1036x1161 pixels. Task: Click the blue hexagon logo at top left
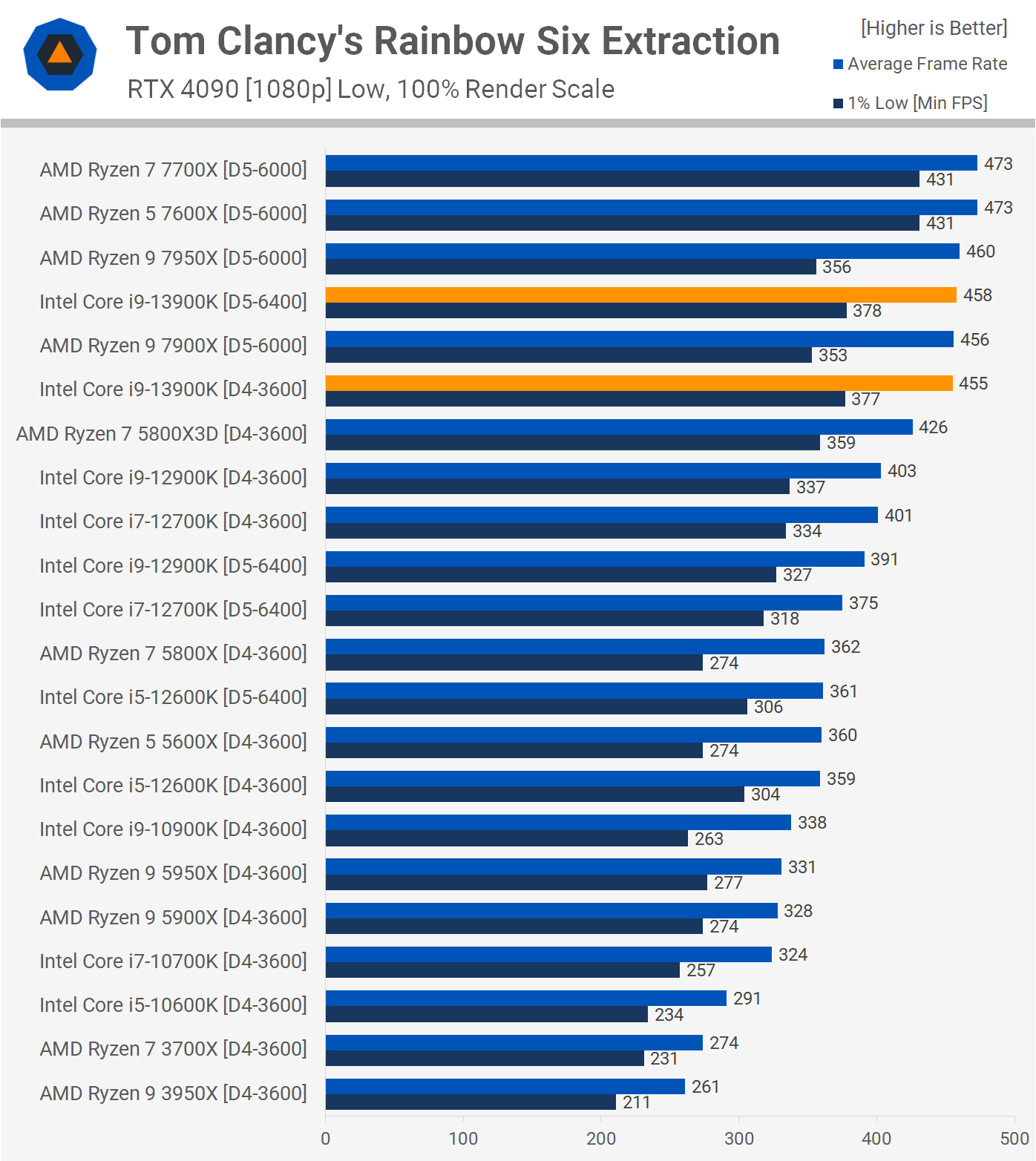click(x=60, y=54)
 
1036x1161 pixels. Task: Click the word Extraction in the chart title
click(x=690, y=42)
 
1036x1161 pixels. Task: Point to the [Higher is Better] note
click(x=934, y=28)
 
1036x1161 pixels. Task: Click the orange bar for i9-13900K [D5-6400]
click(x=640, y=295)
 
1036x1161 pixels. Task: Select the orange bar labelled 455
click(x=639, y=384)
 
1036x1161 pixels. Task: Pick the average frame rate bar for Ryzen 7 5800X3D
click(x=619, y=427)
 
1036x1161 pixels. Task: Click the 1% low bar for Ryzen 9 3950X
click(x=471, y=1102)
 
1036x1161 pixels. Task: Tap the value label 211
click(x=637, y=1102)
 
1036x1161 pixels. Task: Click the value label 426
click(x=933, y=427)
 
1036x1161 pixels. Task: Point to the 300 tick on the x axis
click(x=739, y=1139)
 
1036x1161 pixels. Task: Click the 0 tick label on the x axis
click(x=326, y=1139)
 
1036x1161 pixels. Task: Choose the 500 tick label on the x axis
click(x=1014, y=1139)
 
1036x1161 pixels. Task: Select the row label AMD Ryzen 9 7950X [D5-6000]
click(x=173, y=258)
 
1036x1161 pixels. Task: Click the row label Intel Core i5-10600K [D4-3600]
click(x=173, y=1005)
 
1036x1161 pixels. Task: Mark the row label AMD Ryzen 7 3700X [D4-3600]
click(x=173, y=1049)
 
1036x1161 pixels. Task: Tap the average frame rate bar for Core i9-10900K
click(x=558, y=823)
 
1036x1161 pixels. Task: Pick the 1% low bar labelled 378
click(x=586, y=311)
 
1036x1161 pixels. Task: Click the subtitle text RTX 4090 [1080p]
click(x=229, y=90)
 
